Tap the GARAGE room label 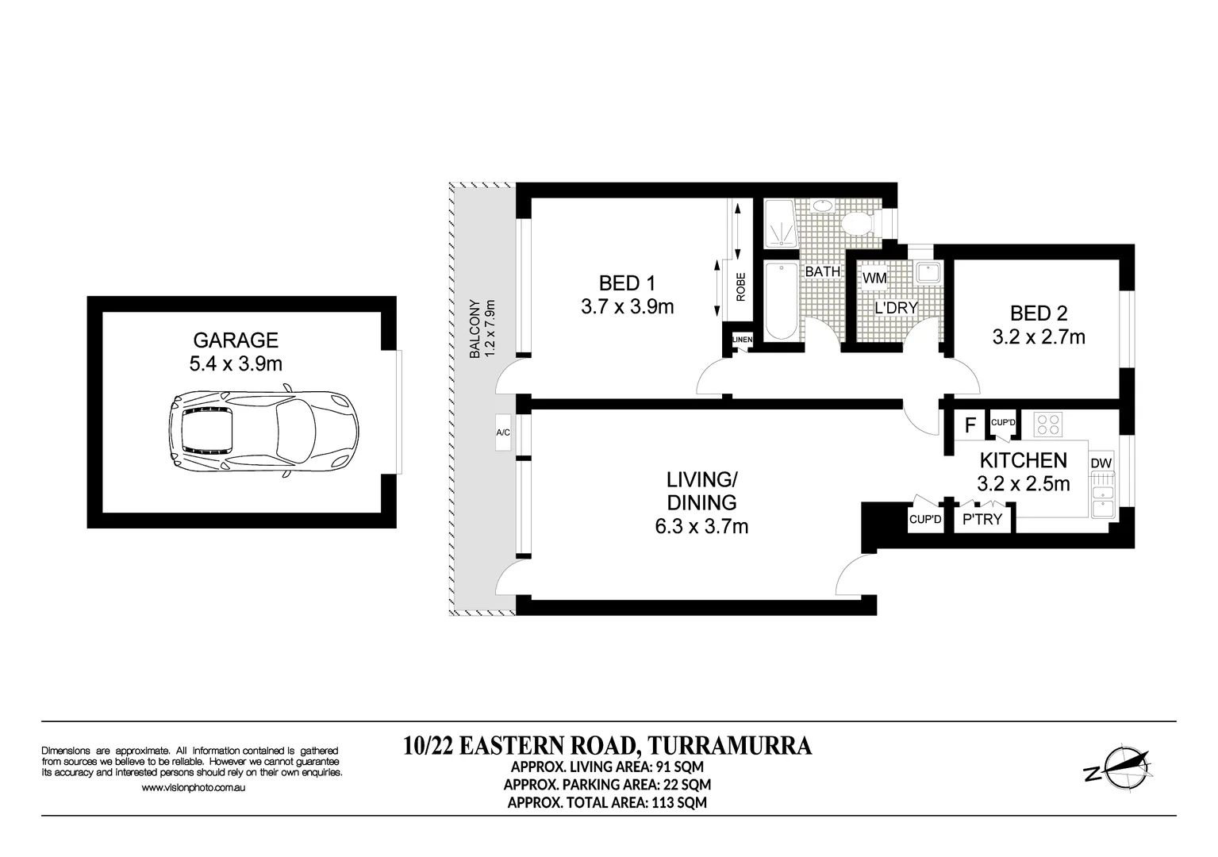[x=236, y=340]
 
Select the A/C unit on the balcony [x=503, y=433]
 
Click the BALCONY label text [x=475, y=329]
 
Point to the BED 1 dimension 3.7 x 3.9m [x=627, y=307]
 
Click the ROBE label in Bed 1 [x=740, y=286]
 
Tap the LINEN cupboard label [x=742, y=340]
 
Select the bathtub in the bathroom [x=781, y=302]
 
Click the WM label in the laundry [x=874, y=279]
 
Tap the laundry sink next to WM [x=928, y=274]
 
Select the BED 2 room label [x=1038, y=313]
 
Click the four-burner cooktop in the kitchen [x=1047, y=425]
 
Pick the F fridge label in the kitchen [x=970, y=425]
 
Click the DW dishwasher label [x=1101, y=463]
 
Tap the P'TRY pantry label [x=982, y=520]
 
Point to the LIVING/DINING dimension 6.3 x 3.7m [x=701, y=525]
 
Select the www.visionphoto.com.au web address [x=194, y=788]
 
